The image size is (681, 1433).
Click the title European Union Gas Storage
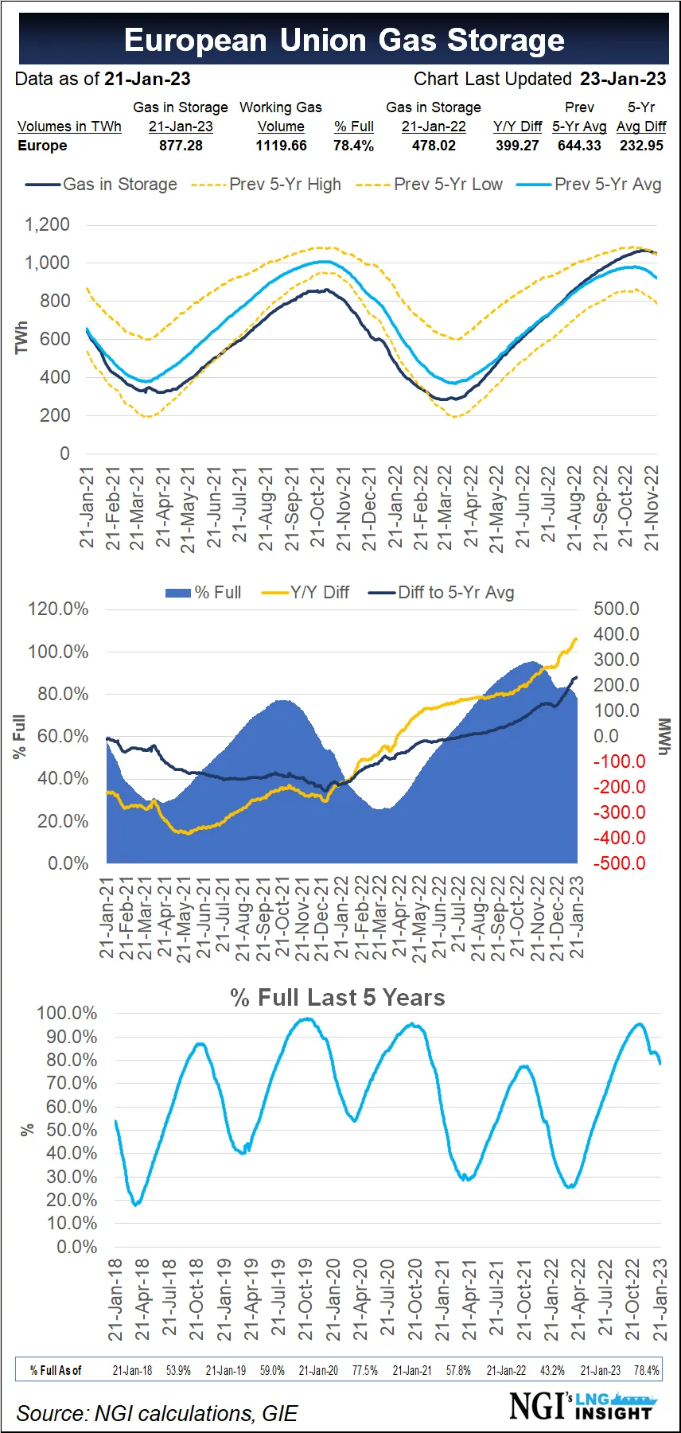344,40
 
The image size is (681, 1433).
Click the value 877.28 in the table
181,146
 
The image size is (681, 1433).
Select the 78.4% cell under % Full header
353,146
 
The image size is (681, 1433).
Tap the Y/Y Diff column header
517,127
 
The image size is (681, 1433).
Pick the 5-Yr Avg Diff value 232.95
641,146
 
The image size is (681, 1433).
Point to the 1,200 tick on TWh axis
48,224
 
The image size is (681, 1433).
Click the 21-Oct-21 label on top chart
317,507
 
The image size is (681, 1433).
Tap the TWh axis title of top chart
21,338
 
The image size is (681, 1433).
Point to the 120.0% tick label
58,609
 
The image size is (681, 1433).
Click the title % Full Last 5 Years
337,998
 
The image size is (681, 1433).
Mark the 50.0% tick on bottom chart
72,1130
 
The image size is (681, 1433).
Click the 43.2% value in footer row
552,1370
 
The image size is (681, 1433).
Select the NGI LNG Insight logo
582,1405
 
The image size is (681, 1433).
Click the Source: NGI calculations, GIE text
157,1413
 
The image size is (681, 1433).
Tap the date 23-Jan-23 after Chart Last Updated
622,79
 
